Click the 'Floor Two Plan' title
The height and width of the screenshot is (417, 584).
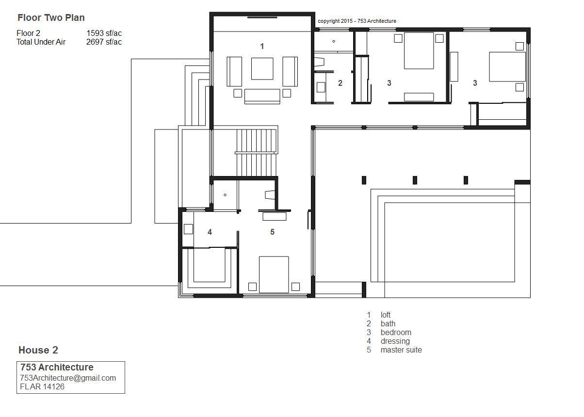(x=51, y=18)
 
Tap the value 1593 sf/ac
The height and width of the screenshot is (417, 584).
(x=104, y=33)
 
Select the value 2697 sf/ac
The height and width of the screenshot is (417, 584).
(x=104, y=42)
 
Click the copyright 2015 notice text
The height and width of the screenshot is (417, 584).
(x=357, y=21)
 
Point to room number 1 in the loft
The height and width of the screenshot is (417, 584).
(x=262, y=47)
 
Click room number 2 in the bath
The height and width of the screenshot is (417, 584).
(x=340, y=83)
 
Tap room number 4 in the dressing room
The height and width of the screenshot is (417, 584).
(x=210, y=232)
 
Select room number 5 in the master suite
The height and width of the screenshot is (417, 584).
(x=272, y=232)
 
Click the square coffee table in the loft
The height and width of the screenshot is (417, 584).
(x=262, y=69)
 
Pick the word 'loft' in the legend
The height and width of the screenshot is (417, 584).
(x=386, y=315)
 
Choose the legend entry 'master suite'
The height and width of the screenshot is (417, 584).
(x=401, y=350)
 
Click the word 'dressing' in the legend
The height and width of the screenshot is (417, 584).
(x=395, y=341)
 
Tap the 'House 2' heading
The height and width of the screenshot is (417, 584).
(x=38, y=350)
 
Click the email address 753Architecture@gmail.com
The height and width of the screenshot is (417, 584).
(x=68, y=378)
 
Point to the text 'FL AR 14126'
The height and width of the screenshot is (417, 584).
(x=42, y=387)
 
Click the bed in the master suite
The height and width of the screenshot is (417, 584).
(x=274, y=274)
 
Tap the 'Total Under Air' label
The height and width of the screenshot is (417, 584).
(x=41, y=42)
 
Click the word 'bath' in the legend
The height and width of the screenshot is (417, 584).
(x=388, y=324)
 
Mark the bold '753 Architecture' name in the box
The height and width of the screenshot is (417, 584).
(x=57, y=367)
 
